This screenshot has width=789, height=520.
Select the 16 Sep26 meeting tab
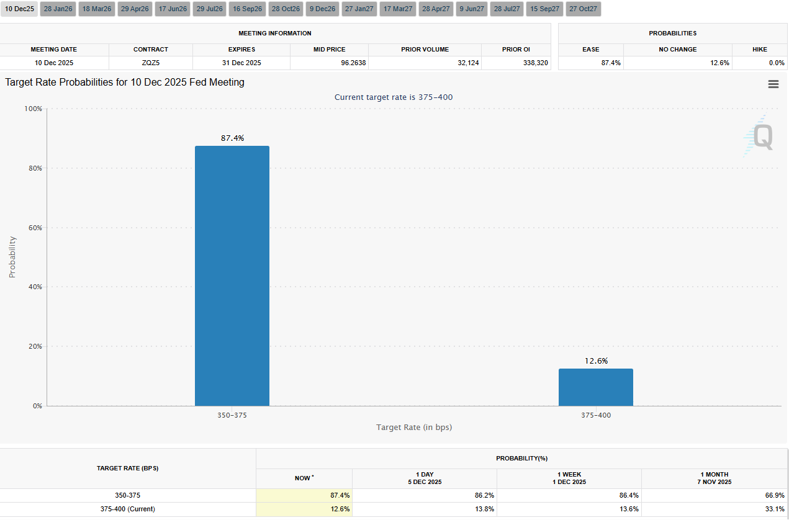click(248, 9)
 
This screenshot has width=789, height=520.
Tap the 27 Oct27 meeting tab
click(583, 9)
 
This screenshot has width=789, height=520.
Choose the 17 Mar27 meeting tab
click(398, 9)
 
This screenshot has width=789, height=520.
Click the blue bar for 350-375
click(232, 276)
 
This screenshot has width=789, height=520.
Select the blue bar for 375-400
click(595, 387)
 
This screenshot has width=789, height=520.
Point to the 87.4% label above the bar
click(233, 138)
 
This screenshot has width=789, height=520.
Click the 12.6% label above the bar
click(596, 361)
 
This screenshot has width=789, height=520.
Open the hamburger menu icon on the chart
click(773, 84)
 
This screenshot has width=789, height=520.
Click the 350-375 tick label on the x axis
click(232, 415)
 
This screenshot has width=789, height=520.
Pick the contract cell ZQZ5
click(151, 63)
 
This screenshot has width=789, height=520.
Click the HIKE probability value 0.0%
click(777, 63)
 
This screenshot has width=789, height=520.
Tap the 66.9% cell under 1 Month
click(775, 496)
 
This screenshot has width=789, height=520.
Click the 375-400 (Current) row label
click(127, 509)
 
